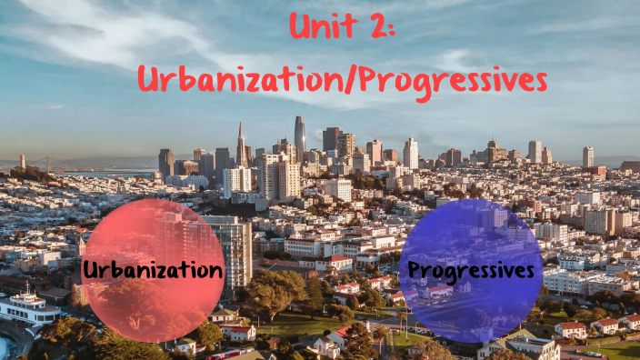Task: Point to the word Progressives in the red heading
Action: [x=452, y=80]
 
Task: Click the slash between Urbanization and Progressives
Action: [x=351, y=80]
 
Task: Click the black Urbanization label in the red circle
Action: [x=153, y=270]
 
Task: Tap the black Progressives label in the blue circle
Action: [x=471, y=270]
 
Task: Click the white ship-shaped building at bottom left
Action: [x=27, y=306]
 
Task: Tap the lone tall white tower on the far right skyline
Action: [x=587, y=156]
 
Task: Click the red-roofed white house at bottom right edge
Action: [x=572, y=328]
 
